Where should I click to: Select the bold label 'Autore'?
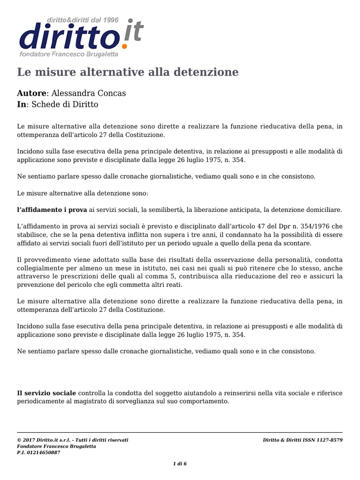point(32,93)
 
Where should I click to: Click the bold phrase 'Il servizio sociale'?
point(46,393)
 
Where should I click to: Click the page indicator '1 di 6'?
point(180,464)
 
